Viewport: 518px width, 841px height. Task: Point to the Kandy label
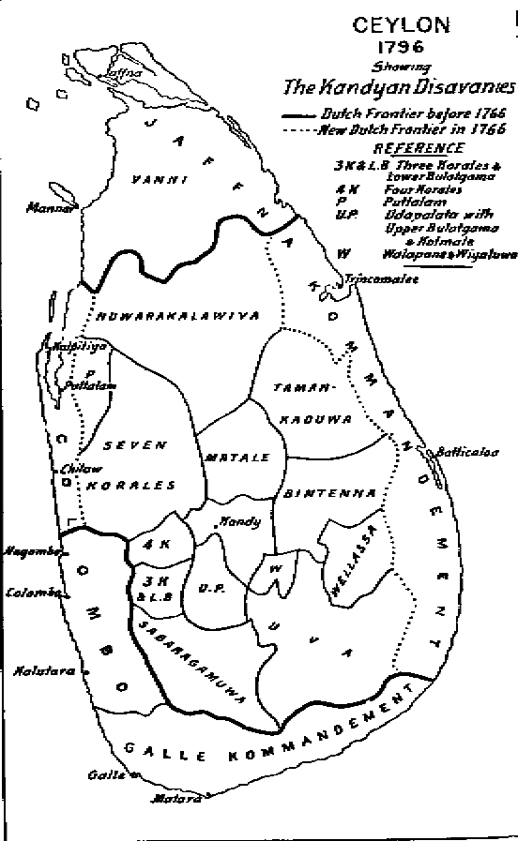pyautogui.click(x=238, y=521)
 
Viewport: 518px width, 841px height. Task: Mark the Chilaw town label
pyautogui.click(x=48, y=467)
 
